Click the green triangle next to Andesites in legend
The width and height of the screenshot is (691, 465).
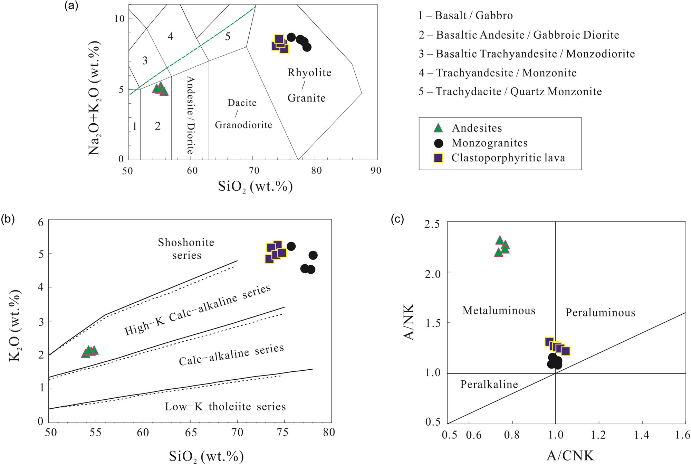pyautogui.click(x=438, y=128)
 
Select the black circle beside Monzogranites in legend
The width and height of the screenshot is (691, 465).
pyautogui.click(x=438, y=143)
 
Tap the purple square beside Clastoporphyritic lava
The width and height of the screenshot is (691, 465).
pyautogui.click(x=438, y=158)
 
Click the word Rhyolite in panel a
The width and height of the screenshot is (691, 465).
pyautogui.click(x=309, y=73)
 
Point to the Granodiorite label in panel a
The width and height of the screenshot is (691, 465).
pyautogui.click(x=243, y=125)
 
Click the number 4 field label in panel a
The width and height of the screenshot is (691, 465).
pyautogui.click(x=171, y=36)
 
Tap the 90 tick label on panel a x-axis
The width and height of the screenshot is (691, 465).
pyautogui.click(x=376, y=170)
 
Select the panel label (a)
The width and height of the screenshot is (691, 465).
pyautogui.click(x=71, y=6)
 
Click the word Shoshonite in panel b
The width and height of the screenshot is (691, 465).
pyautogui.click(x=186, y=243)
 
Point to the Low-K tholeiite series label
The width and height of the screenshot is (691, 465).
pyautogui.click(x=225, y=407)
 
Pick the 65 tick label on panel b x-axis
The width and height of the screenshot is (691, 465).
pyautogui.click(x=191, y=433)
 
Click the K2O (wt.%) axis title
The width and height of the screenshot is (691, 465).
pyautogui.click(x=15, y=326)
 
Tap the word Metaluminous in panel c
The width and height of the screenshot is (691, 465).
pyautogui.click(x=499, y=311)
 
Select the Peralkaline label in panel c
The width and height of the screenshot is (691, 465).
pyautogui.click(x=489, y=385)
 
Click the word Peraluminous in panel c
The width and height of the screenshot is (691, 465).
pyautogui.click(x=600, y=313)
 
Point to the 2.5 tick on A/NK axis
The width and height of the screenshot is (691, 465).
pyautogui.click(x=432, y=224)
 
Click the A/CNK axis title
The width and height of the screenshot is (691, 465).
pyautogui.click(x=570, y=456)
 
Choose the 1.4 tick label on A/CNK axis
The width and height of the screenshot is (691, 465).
pyautogui.click(x=641, y=435)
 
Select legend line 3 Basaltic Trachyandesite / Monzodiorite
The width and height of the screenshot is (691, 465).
pyautogui.click(x=527, y=54)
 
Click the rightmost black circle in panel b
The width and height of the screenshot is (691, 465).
pyautogui.click(x=313, y=255)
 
